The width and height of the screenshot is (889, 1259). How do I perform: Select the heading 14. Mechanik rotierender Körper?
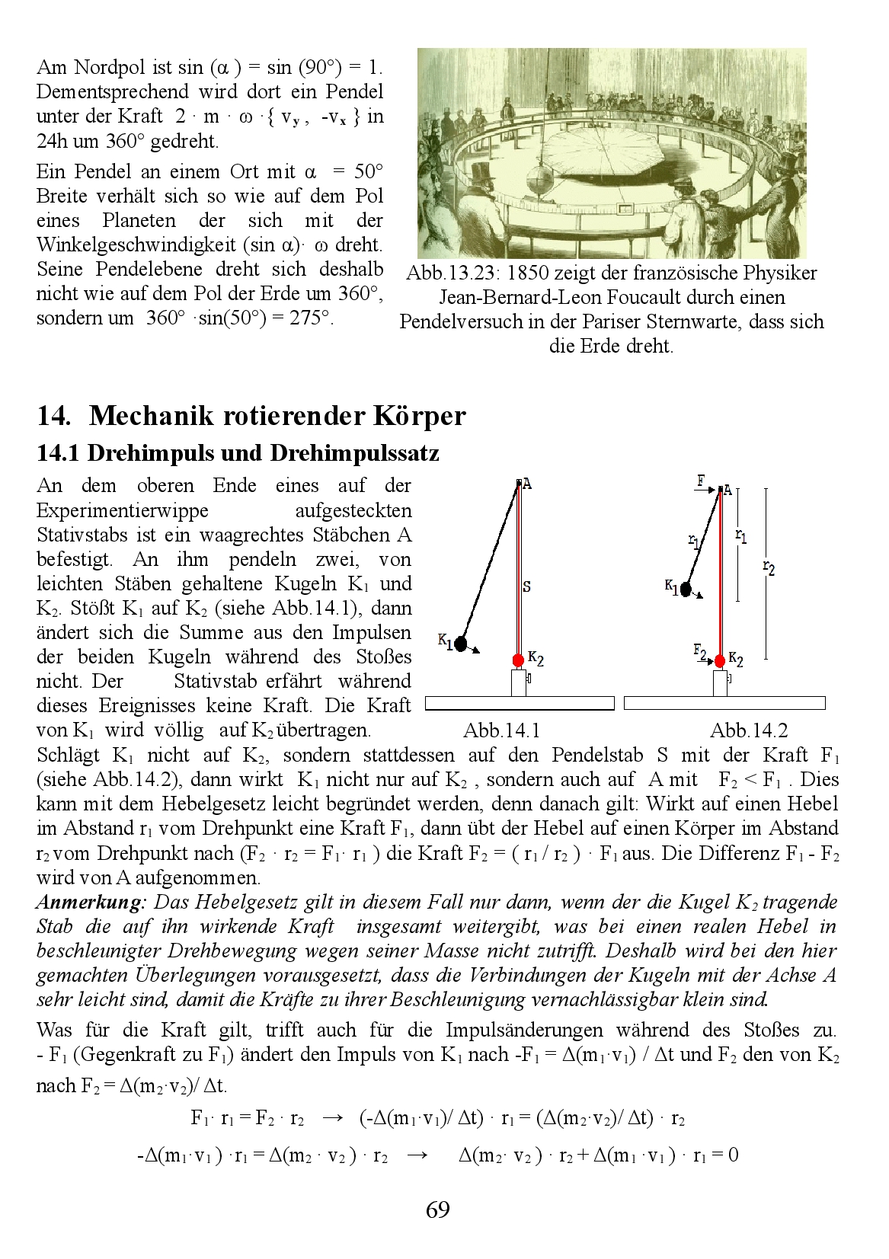click(251, 417)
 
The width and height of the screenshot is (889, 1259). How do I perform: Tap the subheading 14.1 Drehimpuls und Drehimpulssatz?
click(238, 453)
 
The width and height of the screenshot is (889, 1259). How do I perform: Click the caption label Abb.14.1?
click(501, 731)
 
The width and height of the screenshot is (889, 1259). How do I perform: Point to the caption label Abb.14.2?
click(749, 731)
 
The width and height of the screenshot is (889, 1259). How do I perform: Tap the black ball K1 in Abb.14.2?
click(686, 589)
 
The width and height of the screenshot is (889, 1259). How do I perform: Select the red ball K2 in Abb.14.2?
click(720, 660)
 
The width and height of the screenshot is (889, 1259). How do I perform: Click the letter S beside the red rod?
click(527, 587)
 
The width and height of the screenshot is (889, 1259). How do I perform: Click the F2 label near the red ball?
click(700, 650)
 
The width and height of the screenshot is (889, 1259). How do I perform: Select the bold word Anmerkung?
click(91, 903)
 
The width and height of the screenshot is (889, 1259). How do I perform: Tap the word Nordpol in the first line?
click(107, 68)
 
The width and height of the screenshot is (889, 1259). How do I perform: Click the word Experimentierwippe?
click(123, 510)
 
